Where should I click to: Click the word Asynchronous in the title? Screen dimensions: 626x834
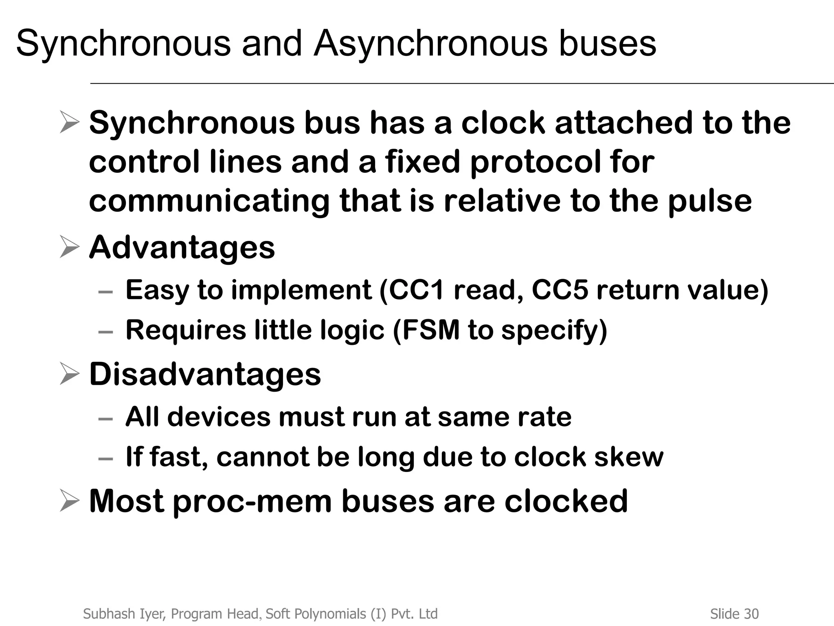(x=430, y=44)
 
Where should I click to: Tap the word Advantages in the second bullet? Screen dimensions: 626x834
(x=182, y=247)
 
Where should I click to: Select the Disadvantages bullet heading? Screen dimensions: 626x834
(x=205, y=374)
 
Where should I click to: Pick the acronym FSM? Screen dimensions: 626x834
(x=430, y=330)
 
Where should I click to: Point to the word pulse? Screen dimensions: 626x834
(x=709, y=201)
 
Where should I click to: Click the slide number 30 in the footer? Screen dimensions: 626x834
(x=751, y=614)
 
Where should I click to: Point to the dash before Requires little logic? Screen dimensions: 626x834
(x=105, y=332)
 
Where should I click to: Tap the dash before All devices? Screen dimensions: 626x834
(x=105, y=419)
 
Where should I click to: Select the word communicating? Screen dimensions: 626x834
(x=209, y=201)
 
